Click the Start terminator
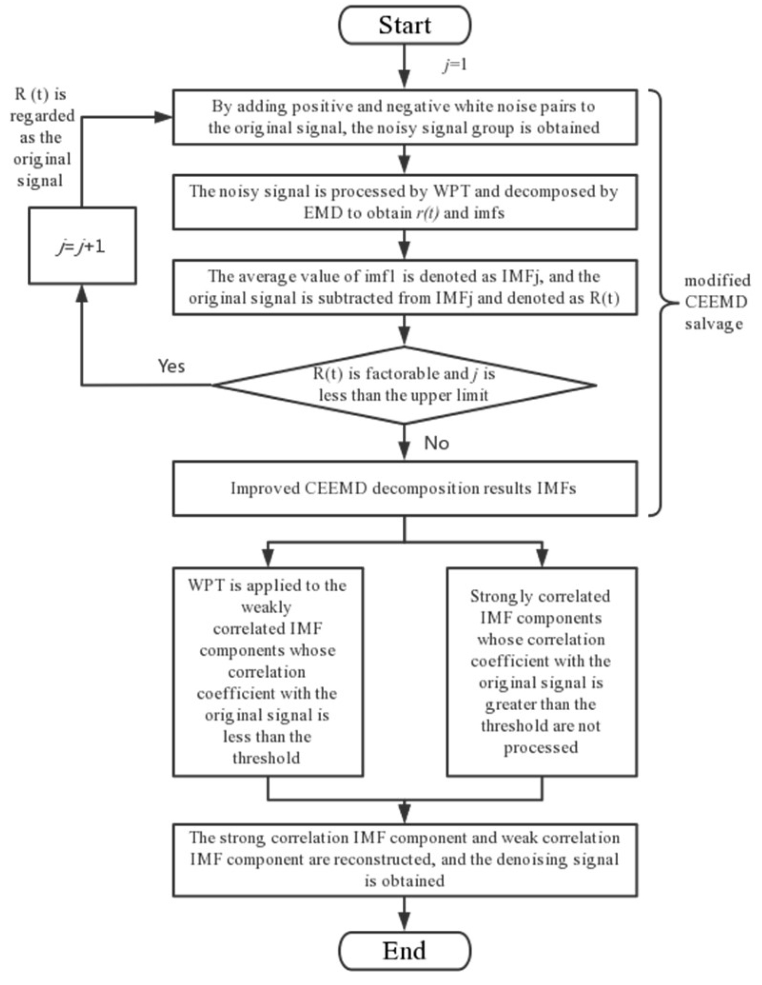[x=404, y=25]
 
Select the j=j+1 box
[x=82, y=246]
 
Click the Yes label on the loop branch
[x=171, y=366]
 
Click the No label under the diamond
[x=436, y=443]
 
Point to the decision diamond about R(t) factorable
[x=404, y=385]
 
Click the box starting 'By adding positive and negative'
[x=404, y=117]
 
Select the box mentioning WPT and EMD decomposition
[x=404, y=202]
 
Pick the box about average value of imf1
[x=404, y=288]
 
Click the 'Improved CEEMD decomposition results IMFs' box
[x=404, y=488]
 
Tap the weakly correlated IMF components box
[x=268, y=672]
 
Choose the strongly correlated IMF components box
[x=541, y=672]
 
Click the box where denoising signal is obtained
[x=404, y=860]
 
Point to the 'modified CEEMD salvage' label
[x=716, y=302]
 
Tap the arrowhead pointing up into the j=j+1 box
[x=82, y=294]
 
